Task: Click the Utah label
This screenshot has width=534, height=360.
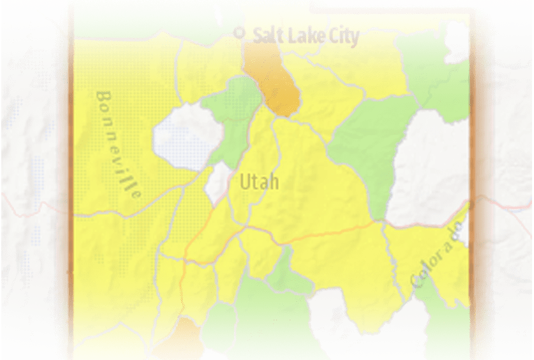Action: pyautogui.click(x=259, y=182)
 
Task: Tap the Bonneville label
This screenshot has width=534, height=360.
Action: pyautogui.click(x=118, y=145)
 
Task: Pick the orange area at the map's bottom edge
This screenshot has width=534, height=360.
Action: pyautogui.click(x=179, y=338)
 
